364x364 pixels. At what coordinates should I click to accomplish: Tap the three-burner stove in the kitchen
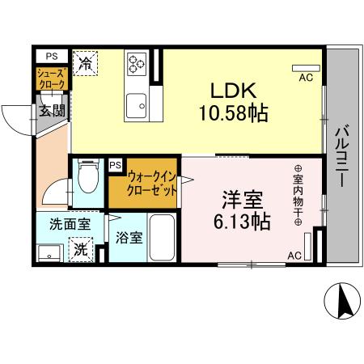pyautogui.click(x=136, y=62)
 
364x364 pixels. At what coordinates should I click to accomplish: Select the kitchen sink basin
pyautogui.click(x=136, y=104)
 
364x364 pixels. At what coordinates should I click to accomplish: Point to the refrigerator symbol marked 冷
pyautogui.click(x=85, y=63)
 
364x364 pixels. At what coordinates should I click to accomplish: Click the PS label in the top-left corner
pyautogui.click(x=51, y=56)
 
